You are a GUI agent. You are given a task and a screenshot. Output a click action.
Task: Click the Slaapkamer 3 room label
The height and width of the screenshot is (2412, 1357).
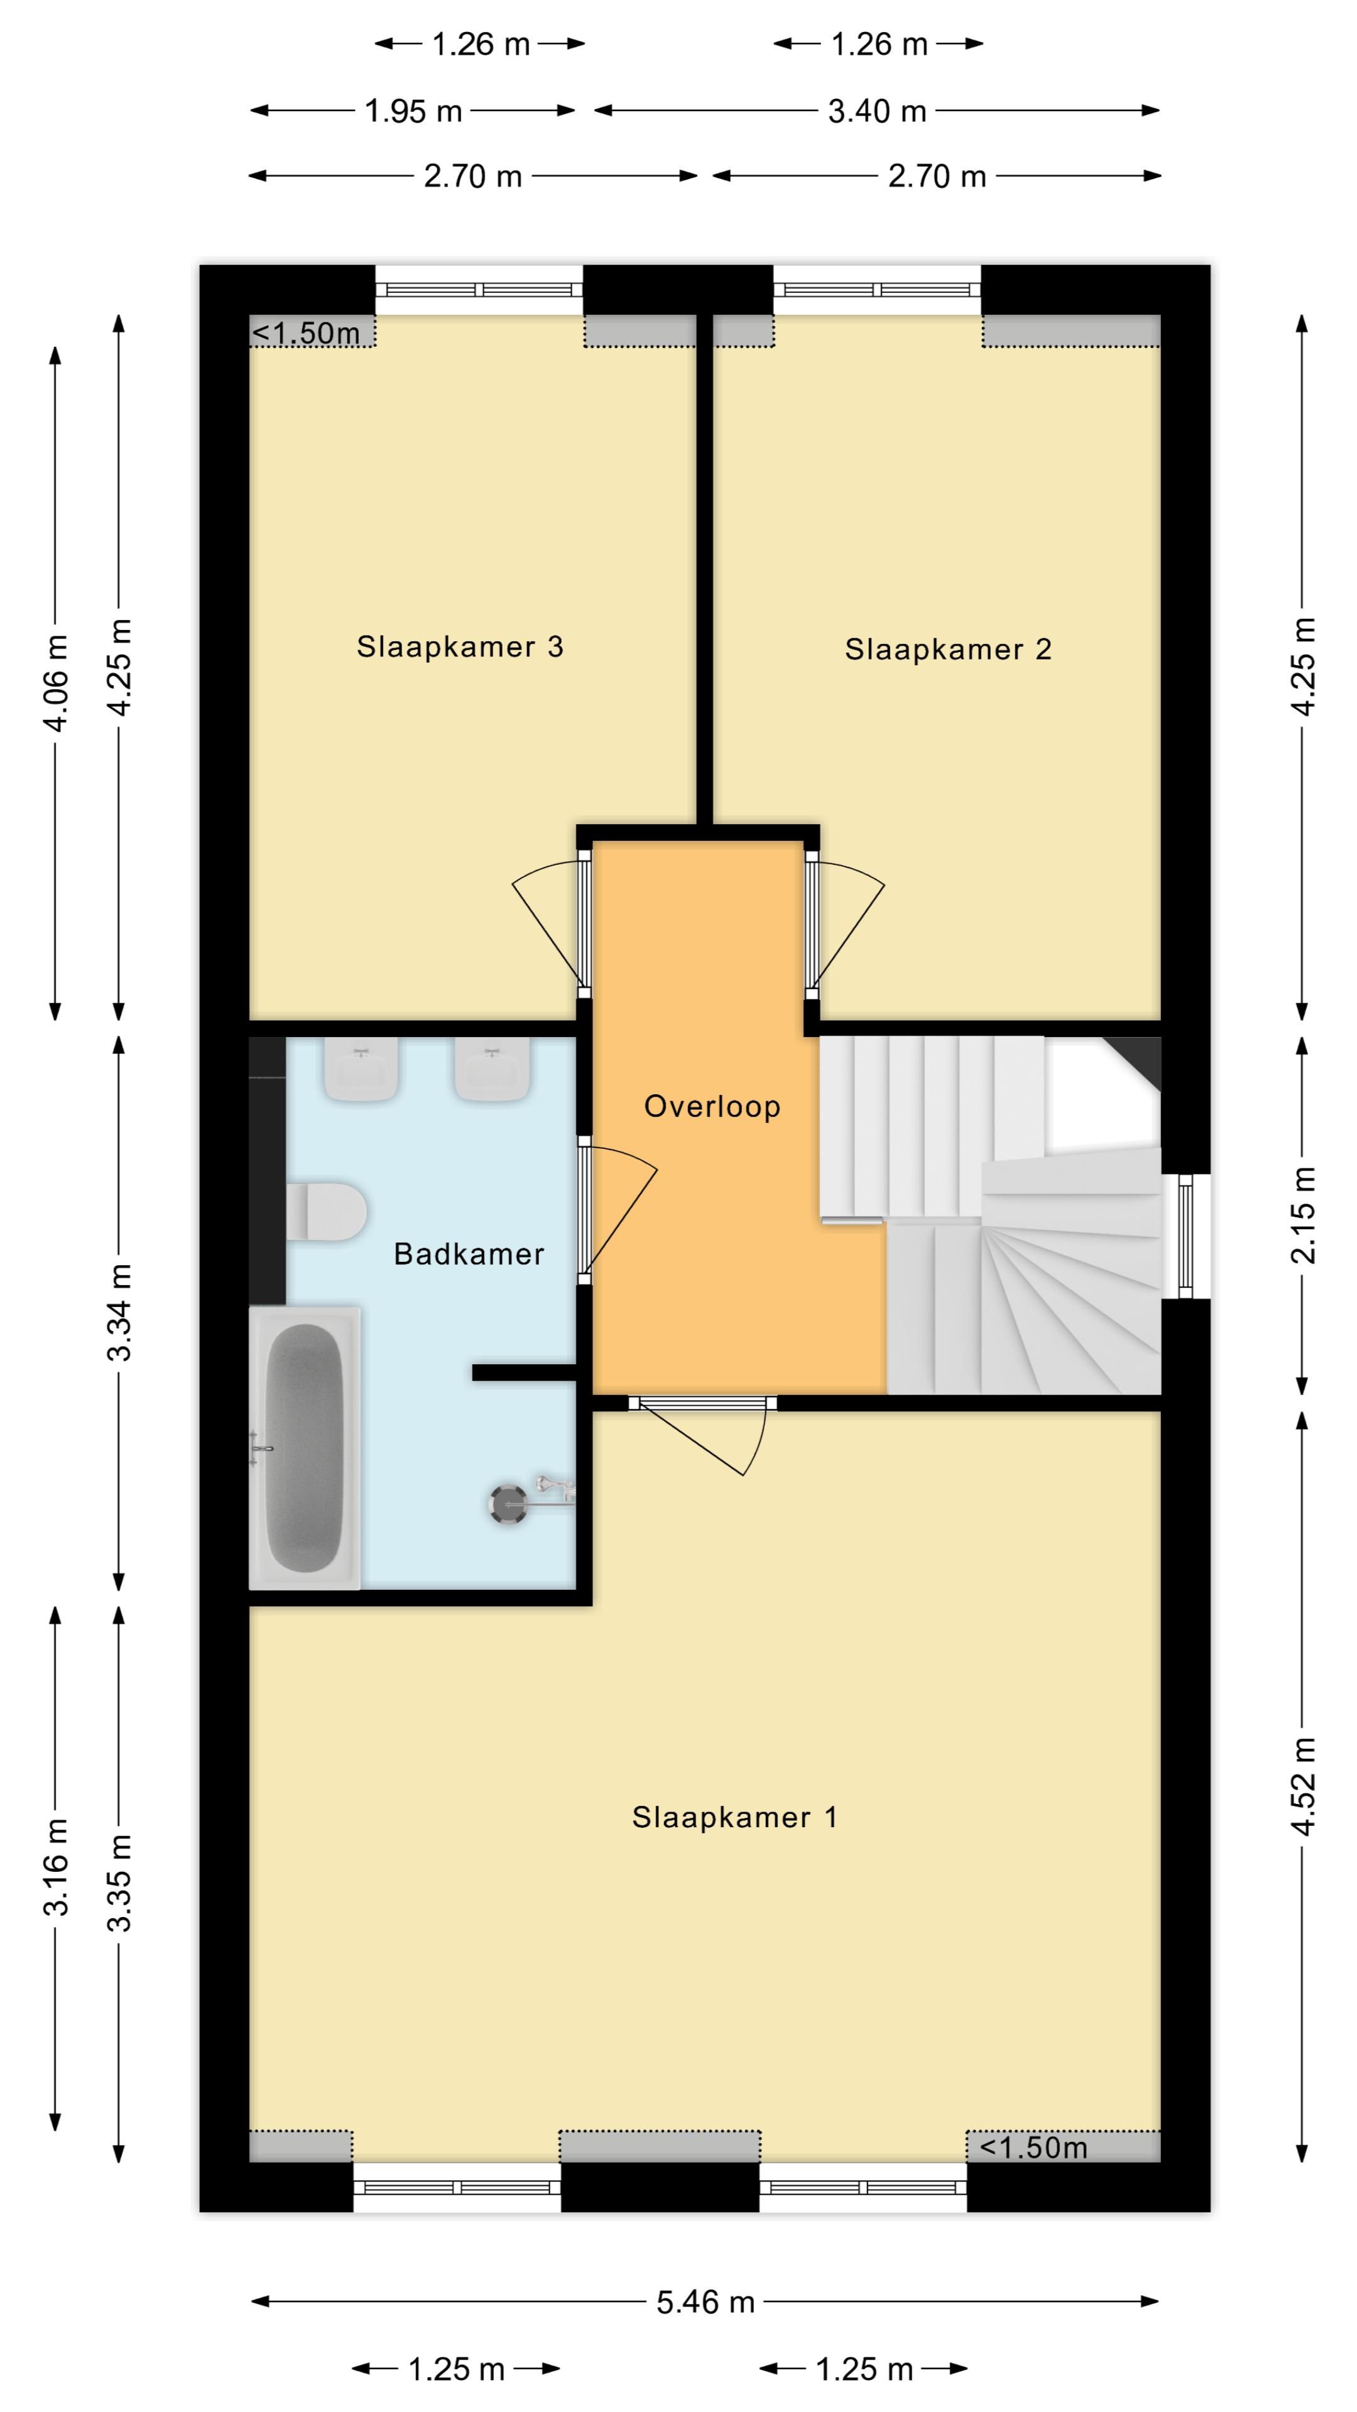coord(460,647)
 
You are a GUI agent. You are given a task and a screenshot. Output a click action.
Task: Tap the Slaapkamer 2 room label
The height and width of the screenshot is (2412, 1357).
coord(948,650)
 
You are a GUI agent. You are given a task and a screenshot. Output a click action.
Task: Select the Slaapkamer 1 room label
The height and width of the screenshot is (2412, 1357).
coord(734,1817)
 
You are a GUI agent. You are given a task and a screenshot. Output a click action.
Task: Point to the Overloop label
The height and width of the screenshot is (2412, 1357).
coord(712,1107)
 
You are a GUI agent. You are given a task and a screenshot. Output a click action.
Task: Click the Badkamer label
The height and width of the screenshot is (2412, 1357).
coord(468,1254)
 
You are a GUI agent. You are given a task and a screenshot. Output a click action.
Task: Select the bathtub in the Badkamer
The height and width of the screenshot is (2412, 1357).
coord(304,1448)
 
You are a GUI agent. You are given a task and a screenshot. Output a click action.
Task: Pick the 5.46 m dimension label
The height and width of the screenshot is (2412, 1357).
coord(705,2303)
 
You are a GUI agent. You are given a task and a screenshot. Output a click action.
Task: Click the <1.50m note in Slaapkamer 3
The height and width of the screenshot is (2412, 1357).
coord(306,334)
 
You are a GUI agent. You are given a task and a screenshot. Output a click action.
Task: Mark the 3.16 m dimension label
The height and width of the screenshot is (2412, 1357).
coord(56,1867)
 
